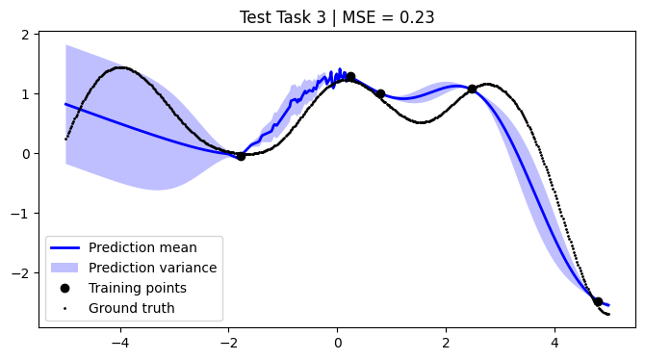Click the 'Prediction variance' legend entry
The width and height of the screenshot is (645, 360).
[152, 268]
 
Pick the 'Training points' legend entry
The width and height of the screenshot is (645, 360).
[137, 288]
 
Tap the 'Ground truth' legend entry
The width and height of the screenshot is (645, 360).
[132, 308]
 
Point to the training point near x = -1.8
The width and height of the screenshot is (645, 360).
[241, 156]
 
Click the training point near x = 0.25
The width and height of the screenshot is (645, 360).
[350, 77]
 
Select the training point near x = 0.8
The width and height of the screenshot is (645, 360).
[380, 94]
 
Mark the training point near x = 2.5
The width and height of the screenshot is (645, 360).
[472, 90]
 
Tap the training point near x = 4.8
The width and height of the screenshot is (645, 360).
[598, 301]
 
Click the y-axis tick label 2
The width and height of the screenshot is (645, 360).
[27, 35]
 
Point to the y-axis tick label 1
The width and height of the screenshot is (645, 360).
[27, 94]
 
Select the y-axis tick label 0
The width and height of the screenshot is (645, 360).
[27, 154]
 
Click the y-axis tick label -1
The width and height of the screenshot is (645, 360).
[23, 214]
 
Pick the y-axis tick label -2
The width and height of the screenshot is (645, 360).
[23, 273]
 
